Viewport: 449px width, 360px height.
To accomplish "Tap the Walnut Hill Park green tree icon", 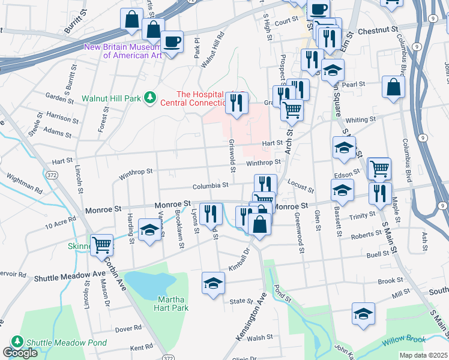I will (x=151, y=96).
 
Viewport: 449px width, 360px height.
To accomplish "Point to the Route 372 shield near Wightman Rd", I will (x=49, y=174).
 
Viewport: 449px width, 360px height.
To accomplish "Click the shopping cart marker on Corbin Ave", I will (x=102, y=244).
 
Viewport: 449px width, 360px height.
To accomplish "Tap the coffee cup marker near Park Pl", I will (x=172, y=41).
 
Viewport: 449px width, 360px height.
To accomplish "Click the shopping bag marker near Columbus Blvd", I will (x=393, y=86).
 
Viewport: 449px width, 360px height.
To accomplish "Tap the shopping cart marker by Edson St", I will (x=379, y=169).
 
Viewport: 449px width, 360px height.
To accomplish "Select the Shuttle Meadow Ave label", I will (x=70, y=277).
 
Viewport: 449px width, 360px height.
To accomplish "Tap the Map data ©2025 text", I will (x=423, y=355).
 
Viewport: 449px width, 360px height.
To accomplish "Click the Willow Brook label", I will (x=403, y=340).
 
